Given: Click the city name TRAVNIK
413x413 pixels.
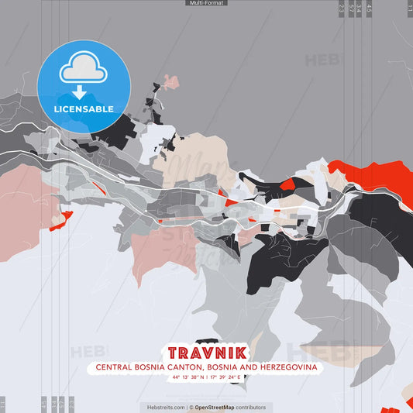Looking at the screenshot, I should (x=206, y=353).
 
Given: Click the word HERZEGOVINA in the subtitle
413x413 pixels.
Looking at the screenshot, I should (x=286, y=367).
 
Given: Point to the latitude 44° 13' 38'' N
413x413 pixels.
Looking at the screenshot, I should (x=190, y=377).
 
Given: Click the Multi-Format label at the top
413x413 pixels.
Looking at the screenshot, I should (x=206, y=3).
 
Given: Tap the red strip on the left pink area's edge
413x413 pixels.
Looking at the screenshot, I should (x=60, y=220).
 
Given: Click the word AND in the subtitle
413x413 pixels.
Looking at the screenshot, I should (x=245, y=367).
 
